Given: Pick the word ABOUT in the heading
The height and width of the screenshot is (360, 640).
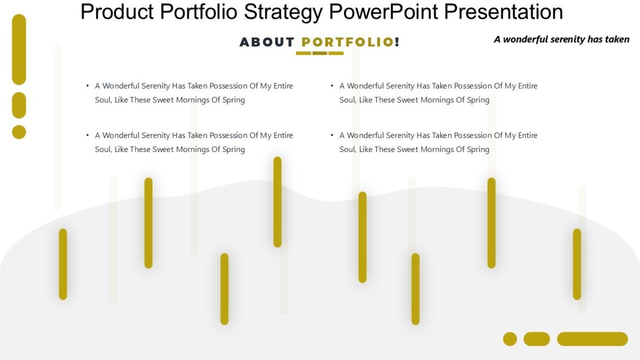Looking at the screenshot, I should tap(267, 42).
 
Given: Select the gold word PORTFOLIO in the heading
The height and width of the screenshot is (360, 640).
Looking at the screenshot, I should tap(347, 42).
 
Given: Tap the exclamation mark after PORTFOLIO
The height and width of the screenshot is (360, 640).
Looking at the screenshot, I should tap(397, 42).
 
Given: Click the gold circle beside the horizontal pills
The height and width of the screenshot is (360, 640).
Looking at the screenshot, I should tap(510, 339).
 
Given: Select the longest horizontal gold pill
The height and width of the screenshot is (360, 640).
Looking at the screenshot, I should tap(592, 339).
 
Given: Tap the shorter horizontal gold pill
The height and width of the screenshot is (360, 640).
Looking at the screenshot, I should tap(537, 339).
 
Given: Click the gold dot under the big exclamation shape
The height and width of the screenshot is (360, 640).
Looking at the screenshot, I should tap(19, 132).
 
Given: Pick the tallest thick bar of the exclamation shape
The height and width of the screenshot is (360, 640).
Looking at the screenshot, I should tap(19, 49).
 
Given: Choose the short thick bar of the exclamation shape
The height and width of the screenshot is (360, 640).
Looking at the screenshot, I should tap(19, 105).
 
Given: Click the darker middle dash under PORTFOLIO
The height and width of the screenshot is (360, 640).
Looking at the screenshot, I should tap(320, 53).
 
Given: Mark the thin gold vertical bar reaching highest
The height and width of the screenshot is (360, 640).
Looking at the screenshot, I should tap(277, 202).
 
